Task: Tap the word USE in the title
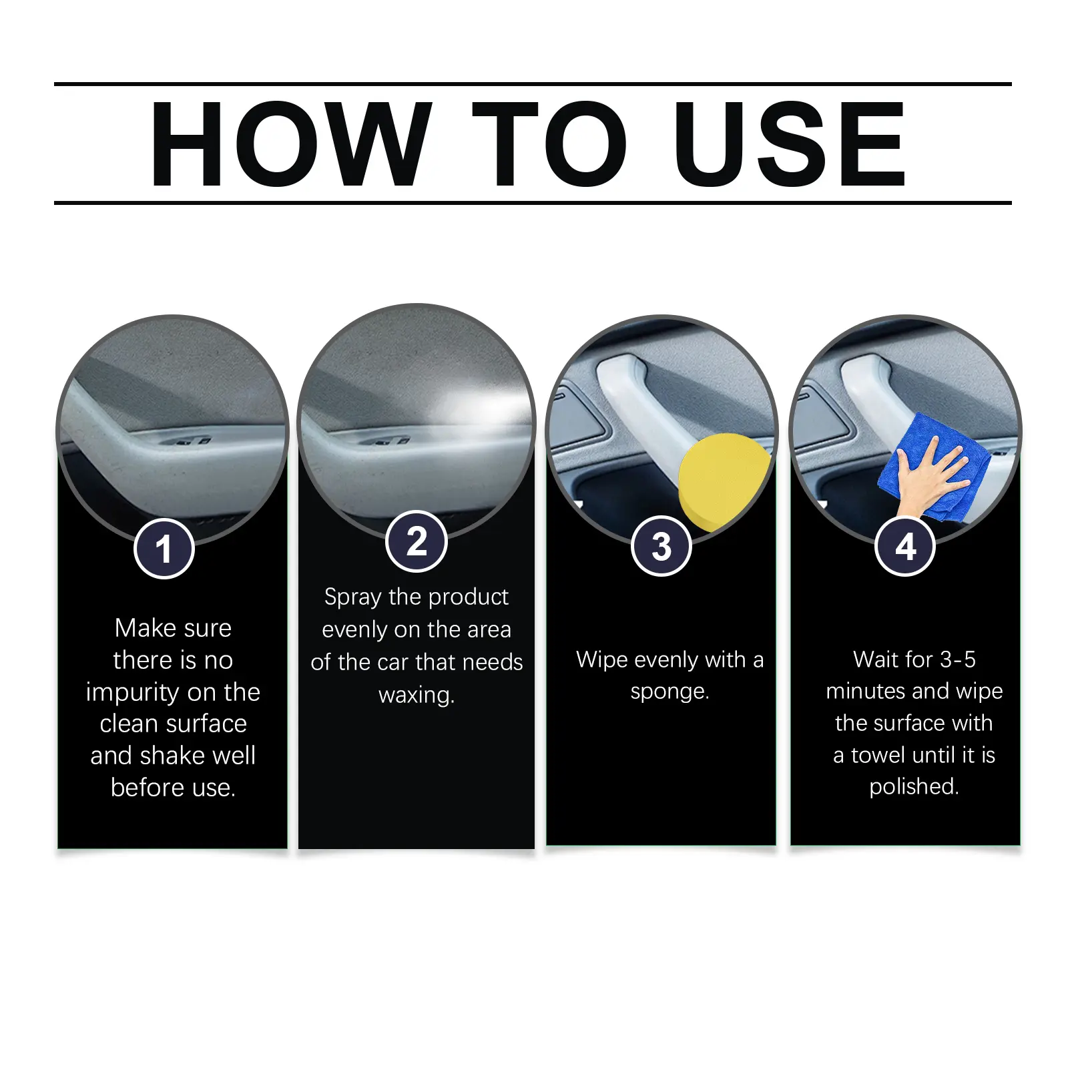pos(789,144)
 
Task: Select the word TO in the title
pos(549,144)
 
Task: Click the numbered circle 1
pos(164,549)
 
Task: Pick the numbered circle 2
pos(417,541)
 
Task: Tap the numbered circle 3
pos(661,546)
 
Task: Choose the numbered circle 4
pos(905,546)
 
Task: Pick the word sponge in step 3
pos(667,692)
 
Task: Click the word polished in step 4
pos(911,787)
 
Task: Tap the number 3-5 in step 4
pos(957,660)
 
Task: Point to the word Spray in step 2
pos(353,597)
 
